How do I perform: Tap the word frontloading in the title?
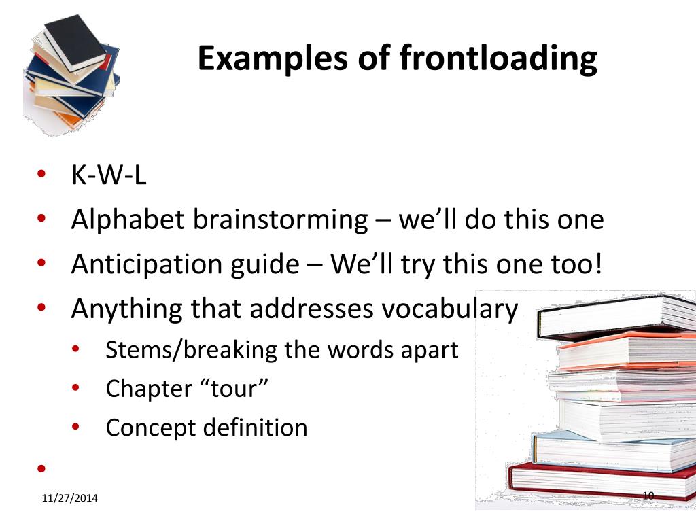[498, 59]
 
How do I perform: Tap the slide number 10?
[647, 495]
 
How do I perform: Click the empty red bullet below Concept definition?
[41, 468]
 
